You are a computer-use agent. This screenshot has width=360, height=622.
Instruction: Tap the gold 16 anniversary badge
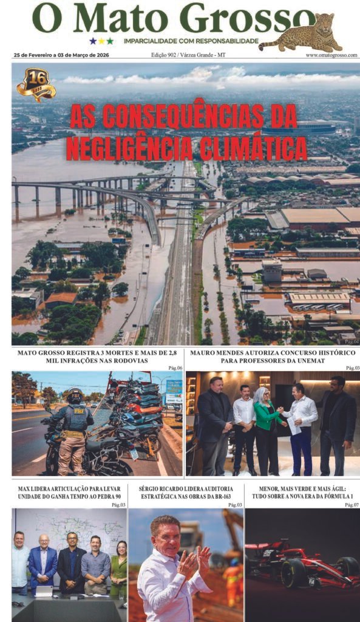[36, 84]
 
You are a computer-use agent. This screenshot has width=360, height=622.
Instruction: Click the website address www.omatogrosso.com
[331, 55]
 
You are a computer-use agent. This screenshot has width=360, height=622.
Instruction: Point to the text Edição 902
[167, 55]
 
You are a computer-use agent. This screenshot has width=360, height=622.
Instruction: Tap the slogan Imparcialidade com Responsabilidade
[191, 41]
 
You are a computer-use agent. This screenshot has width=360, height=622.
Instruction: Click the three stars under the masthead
[101, 41]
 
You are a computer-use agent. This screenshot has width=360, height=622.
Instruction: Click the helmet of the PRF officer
[75, 395]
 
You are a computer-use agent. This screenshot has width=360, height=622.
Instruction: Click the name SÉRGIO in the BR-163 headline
[152, 488]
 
